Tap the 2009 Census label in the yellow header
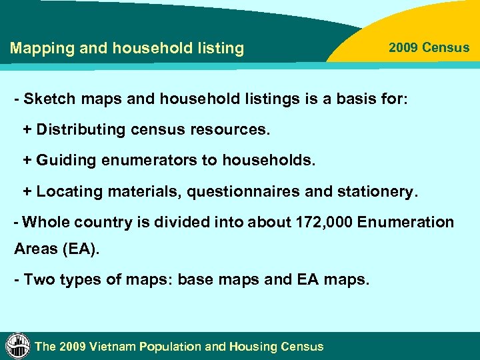429,48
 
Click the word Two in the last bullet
37,279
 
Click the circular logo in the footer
18,345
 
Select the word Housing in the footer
254,347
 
